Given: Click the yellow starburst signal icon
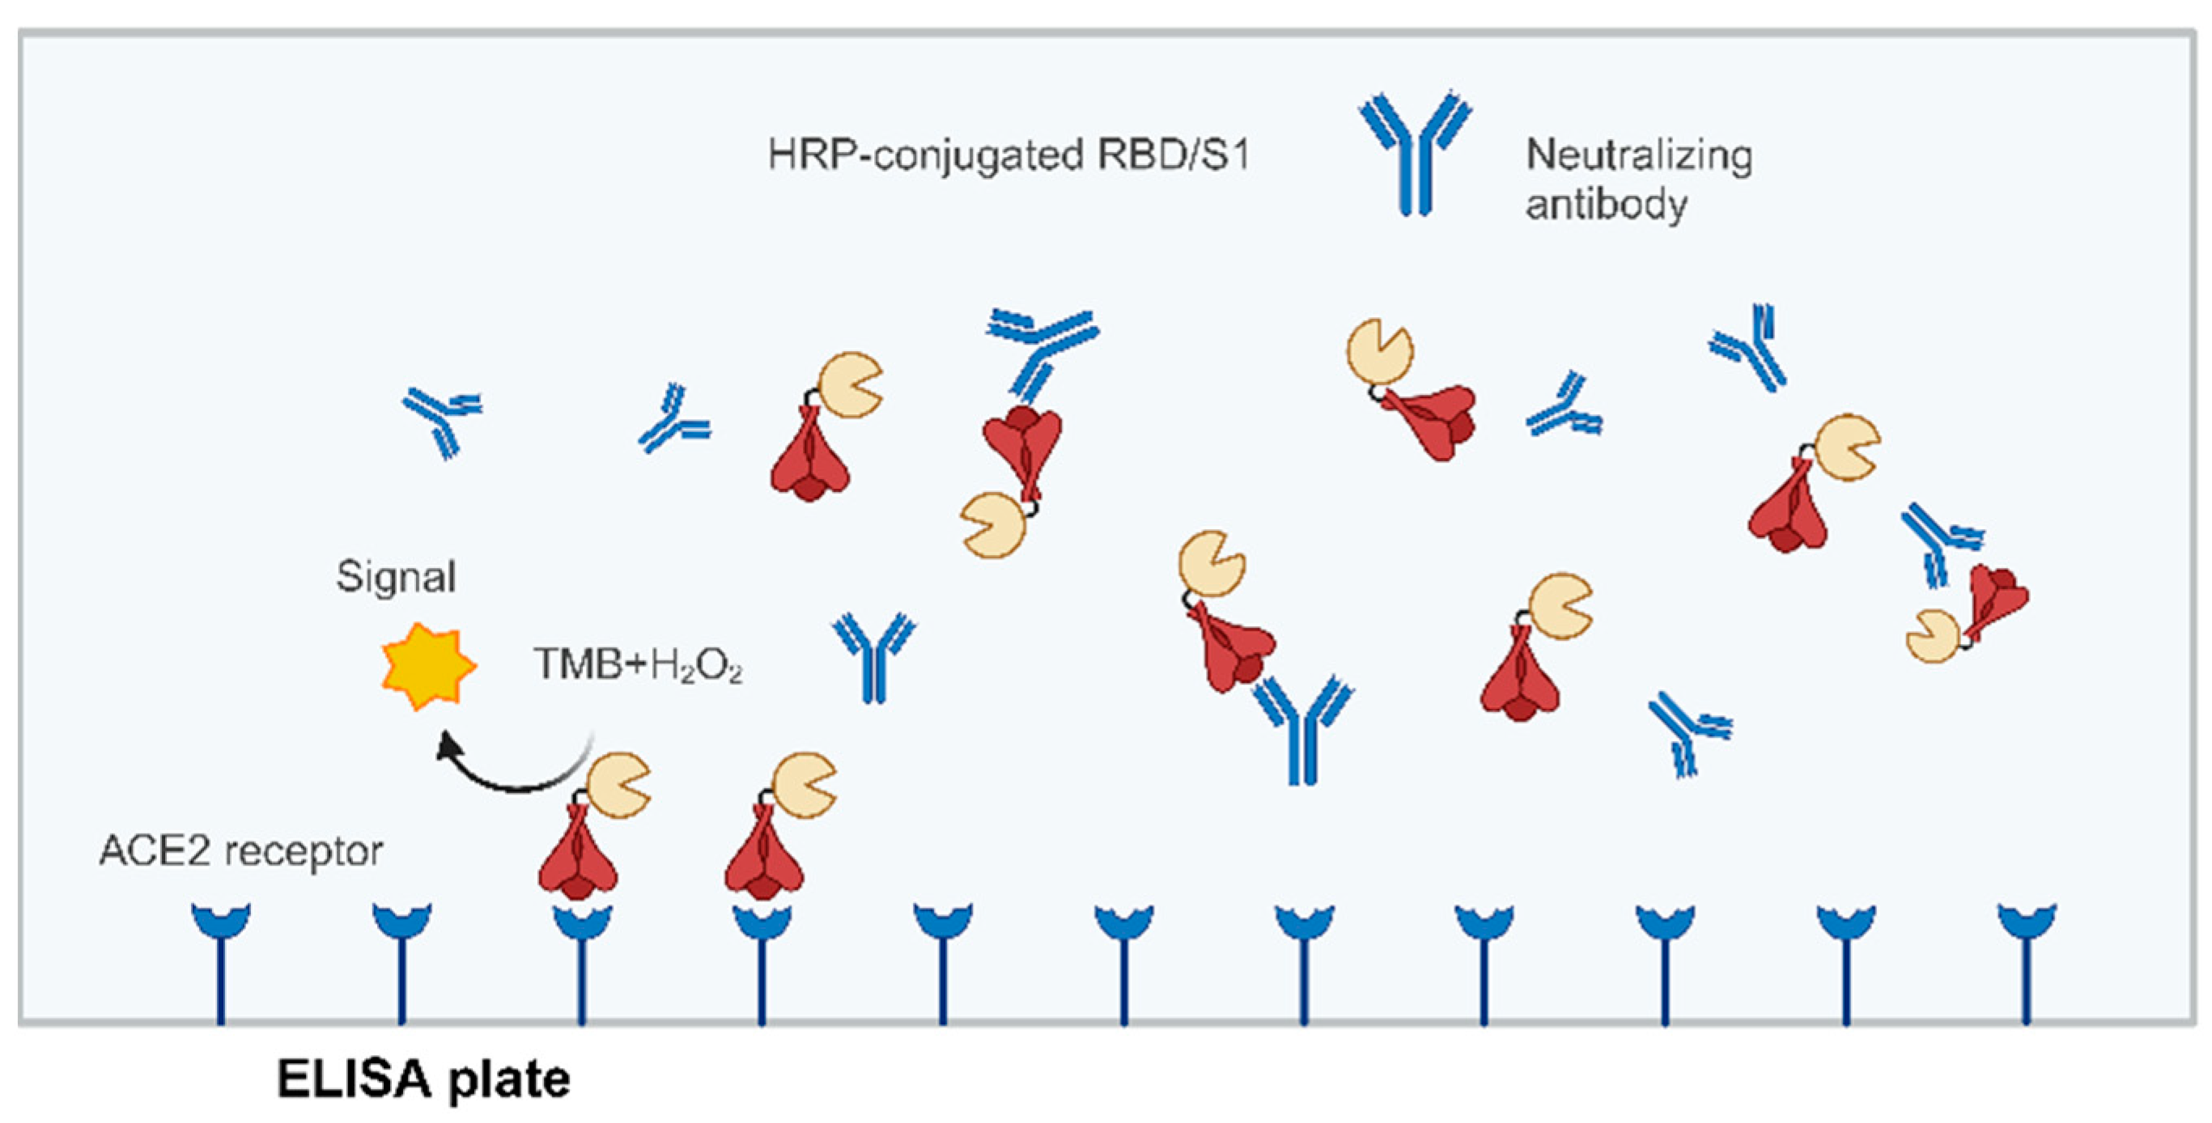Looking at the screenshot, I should (x=428, y=666).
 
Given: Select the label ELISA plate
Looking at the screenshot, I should (x=423, y=1079).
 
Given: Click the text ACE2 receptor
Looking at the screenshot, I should (x=241, y=852).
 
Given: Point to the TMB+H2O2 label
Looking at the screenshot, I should (x=638, y=664).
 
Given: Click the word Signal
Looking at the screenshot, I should (x=396, y=576).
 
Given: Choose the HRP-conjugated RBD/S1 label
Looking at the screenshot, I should (x=1008, y=155).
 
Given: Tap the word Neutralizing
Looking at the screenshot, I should (x=1638, y=155).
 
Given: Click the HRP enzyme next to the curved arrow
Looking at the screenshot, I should (x=618, y=783).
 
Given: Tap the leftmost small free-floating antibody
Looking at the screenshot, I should (x=442, y=420).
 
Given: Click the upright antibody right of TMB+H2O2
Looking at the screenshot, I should (x=873, y=657).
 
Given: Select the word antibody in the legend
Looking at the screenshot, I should (x=1606, y=206).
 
